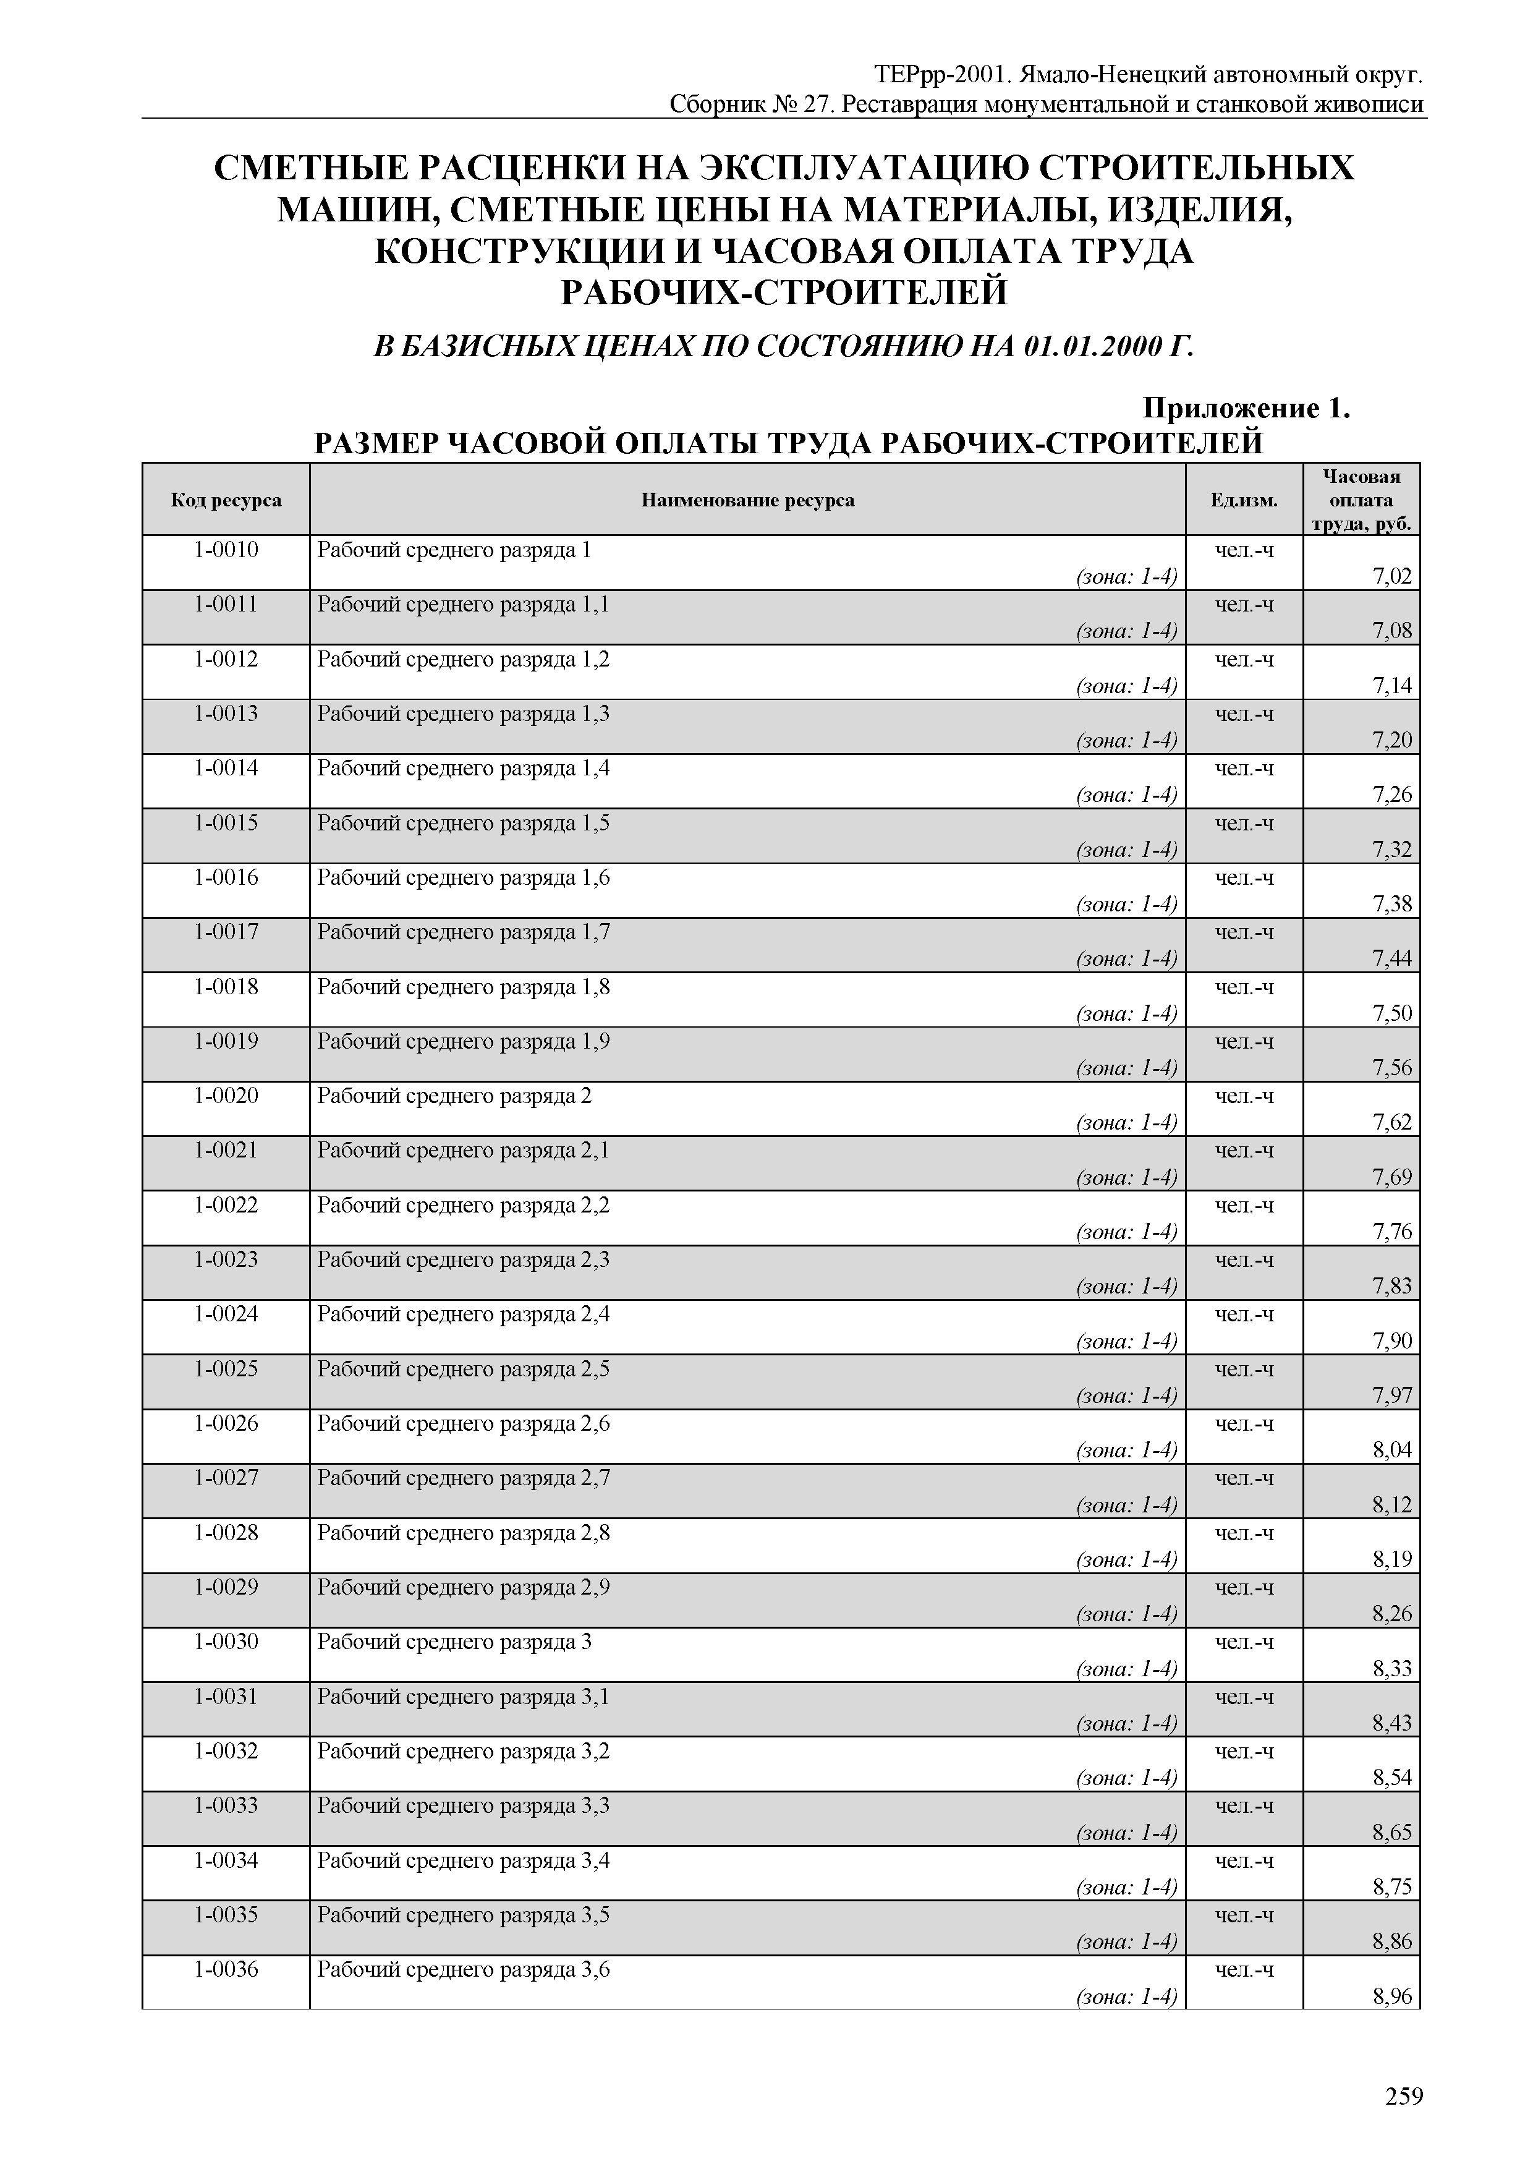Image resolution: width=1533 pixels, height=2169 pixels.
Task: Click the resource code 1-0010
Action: click(x=226, y=550)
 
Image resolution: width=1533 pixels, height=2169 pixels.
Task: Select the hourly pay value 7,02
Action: click(x=1392, y=576)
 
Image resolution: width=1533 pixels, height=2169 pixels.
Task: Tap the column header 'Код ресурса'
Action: click(x=226, y=500)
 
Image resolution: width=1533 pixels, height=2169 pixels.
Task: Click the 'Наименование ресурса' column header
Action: click(x=747, y=500)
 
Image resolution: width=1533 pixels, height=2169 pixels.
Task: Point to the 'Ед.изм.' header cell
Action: click(x=1243, y=500)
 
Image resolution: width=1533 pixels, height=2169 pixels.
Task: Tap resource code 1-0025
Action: click(x=226, y=1369)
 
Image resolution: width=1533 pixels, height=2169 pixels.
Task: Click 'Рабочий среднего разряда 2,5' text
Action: click(x=463, y=1369)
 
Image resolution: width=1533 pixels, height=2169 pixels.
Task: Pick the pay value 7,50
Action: click(x=1392, y=1013)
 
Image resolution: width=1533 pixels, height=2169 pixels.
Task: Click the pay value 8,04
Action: click(x=1392, y=1450)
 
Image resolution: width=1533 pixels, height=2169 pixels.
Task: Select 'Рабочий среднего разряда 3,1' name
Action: click(x=463, y=1697)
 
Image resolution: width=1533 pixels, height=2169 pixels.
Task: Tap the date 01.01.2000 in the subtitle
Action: click(x=1091, y=347)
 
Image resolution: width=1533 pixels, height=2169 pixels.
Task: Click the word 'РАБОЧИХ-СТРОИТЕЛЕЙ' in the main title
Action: click(x=784, y=293)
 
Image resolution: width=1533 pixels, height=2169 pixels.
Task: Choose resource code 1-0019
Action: click(x=226, y=1041)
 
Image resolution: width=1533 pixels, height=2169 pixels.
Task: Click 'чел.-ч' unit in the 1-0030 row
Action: click(x=1244, y=1642)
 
